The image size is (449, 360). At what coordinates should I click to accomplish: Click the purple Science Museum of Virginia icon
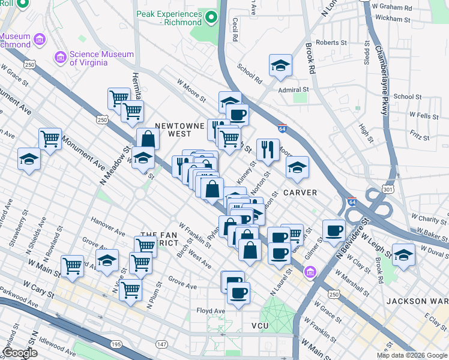point(61,58)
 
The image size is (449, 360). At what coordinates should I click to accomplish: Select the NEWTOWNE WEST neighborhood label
point(173,130)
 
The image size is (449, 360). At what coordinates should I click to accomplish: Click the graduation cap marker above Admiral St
point(280,65)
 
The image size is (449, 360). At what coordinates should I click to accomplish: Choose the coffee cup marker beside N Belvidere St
point(334,230)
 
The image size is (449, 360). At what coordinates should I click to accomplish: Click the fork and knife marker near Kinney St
point(268,149)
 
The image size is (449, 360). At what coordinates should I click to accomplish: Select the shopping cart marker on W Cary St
point(130,289)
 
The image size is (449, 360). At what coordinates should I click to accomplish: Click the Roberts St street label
point(331,43)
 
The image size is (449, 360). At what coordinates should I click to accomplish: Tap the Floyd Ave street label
point(211,311)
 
